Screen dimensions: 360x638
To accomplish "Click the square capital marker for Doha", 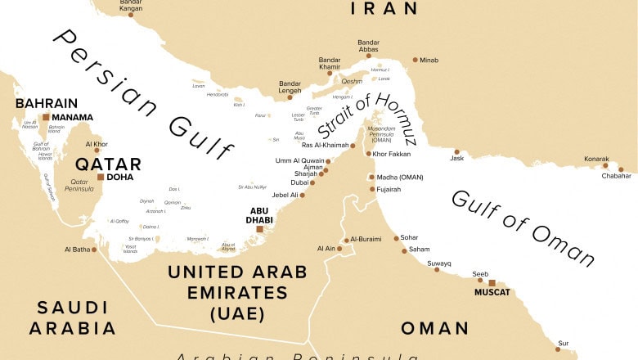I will pyautogui.click(x=100, y=177).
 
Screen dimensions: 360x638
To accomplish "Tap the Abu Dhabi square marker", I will pyautogui.click(x=259, y=230).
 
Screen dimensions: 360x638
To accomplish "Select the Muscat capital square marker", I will pyautogui.click(x=491, y=282).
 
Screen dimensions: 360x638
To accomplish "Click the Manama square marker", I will pyautogui.click(x=46, y=117).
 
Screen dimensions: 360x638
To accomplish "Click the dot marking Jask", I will pyautogui.click(x=456, y=151).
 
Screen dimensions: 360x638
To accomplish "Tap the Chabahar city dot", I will pyautogui.click(x=621, y=169).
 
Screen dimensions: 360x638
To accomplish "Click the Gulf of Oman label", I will pyautogui.click(x=523, y=229).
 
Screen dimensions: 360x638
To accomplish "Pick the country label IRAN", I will pyautogui.click(x=384, y=9).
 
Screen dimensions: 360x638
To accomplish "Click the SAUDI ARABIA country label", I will pyautogui.click(x=72, y=317).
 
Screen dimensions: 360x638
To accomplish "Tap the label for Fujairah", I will pyautogui.click(x=389, y=189).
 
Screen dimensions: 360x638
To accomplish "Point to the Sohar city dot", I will pyautogui.click(x=396, y=238).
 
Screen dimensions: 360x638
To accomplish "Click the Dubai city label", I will pyautogui.click(x=299, y=182).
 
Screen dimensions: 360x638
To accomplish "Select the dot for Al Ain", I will pyautogui.click(x=342, y=248).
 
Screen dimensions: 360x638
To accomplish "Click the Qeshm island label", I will pyautogui.click(x=351, y=81).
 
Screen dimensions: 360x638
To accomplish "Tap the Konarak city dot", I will pyautogui.click(x=606, y=165).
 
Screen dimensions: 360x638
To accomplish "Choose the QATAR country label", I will pyautogui.click(x=108, y=164).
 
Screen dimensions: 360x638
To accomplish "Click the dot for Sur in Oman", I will pyautogui.click(x=558, y=349).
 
